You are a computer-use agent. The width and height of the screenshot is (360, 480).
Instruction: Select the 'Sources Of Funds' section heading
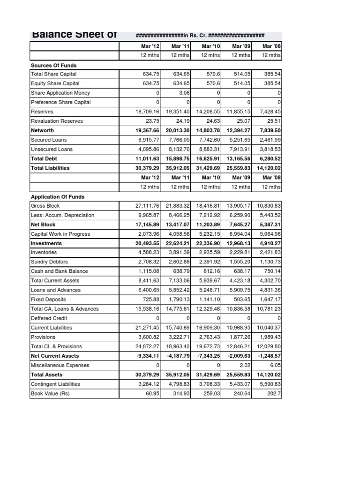53,65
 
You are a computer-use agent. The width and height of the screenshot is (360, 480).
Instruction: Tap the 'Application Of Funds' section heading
58,197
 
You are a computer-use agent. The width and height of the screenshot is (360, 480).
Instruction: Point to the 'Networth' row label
42,130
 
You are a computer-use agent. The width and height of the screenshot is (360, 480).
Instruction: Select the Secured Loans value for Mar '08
270,140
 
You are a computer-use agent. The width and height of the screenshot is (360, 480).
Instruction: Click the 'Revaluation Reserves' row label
56,121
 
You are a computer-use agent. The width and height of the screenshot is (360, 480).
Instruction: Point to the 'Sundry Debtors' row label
49,262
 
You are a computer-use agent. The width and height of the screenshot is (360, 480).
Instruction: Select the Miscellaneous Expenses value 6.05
275,365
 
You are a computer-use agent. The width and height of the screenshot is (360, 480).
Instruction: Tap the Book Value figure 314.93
181,393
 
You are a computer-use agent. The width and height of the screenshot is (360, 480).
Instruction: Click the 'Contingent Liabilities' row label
55,384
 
